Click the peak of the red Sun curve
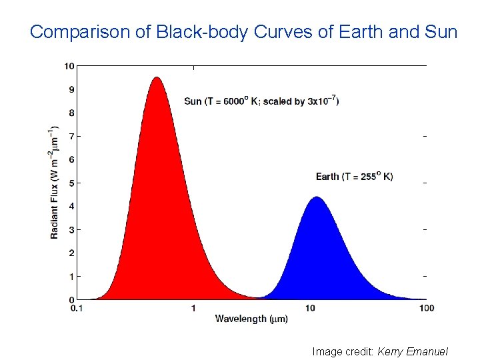(x=157, y=77)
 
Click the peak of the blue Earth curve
(x=317, y=197)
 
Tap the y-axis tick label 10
(x=69, y=65)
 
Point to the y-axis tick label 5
(x=71, y=183)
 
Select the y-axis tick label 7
(x=71, y=136)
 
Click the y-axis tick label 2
(x=71, y=253)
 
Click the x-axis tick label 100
(x=427, y=308)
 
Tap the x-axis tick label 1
(x=193, y=308)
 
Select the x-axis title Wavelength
(x=241, y=319)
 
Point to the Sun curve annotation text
(x=261, y=101)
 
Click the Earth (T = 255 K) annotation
(x=354, y=176)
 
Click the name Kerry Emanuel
(x=413, y=351)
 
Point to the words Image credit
(x=343, y=351)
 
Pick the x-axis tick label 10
(x=310, y=308)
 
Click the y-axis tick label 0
(x=71, y=299)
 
